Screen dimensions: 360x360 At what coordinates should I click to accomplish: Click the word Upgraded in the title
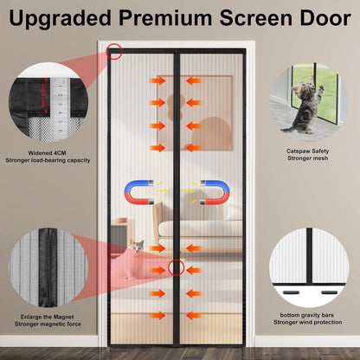60,18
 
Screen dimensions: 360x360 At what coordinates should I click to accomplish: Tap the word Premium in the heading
165,17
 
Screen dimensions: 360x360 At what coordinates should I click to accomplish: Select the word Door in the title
325,17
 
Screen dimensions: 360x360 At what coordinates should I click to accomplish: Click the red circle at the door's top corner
114,51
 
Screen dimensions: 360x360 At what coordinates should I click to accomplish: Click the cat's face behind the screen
137,246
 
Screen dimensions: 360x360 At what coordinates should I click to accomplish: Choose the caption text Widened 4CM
47,153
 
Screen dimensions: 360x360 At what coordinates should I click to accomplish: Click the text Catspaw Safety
307,151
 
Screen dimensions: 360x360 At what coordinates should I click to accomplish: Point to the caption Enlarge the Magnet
47,317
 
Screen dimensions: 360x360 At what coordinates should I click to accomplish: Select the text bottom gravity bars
307,315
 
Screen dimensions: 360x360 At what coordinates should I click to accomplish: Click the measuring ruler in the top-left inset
60,109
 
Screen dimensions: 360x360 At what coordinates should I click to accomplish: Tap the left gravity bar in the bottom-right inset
290,292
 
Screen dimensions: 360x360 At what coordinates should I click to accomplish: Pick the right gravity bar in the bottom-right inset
329,292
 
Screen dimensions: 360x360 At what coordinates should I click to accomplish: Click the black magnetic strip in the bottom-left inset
48,267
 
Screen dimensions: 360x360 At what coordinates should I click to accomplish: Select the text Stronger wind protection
308,322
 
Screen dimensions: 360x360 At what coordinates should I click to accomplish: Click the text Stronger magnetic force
48,325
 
